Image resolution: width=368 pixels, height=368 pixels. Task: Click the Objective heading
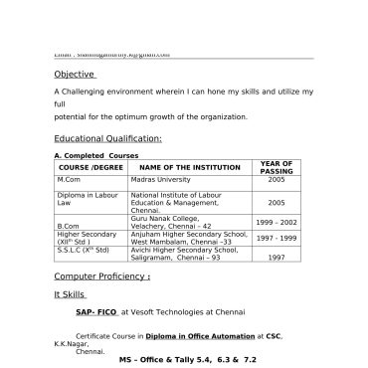pyautogui.click(x=75, y=74)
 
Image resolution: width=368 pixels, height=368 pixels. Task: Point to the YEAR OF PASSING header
pyautogui.click(x=276, y=167)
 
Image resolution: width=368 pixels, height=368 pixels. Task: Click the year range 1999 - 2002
pyautogui.click(x=276, y=223)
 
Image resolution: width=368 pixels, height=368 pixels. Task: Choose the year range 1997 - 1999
pyautogui.click(x=276, y=239)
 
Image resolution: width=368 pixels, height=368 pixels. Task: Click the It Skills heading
pyautogui.click(x=71, y=295)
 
